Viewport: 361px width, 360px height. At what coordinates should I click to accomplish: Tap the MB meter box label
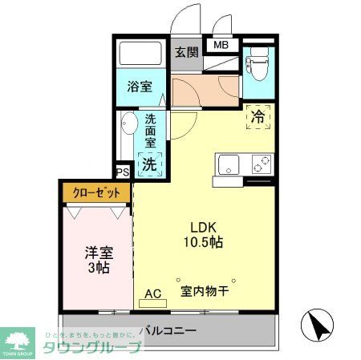point(221,45)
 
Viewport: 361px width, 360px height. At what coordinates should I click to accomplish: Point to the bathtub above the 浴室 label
point(141,55)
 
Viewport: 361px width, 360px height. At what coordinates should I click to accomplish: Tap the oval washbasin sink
point(128,124)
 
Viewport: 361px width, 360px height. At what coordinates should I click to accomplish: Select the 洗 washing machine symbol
point(149,164)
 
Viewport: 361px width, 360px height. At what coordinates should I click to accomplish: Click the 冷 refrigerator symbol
point(258,116)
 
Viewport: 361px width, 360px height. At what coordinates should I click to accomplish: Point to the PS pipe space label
point(122,172)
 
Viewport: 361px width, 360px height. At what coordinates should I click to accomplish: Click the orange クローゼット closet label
point(96,193)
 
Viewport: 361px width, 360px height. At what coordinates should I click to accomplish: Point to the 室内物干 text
point(204,290)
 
